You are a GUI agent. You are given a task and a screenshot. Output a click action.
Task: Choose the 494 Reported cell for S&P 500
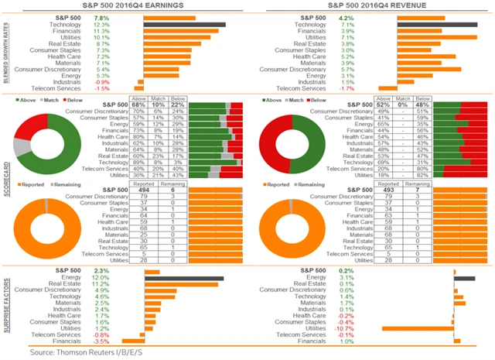click(x=142, y=191)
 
